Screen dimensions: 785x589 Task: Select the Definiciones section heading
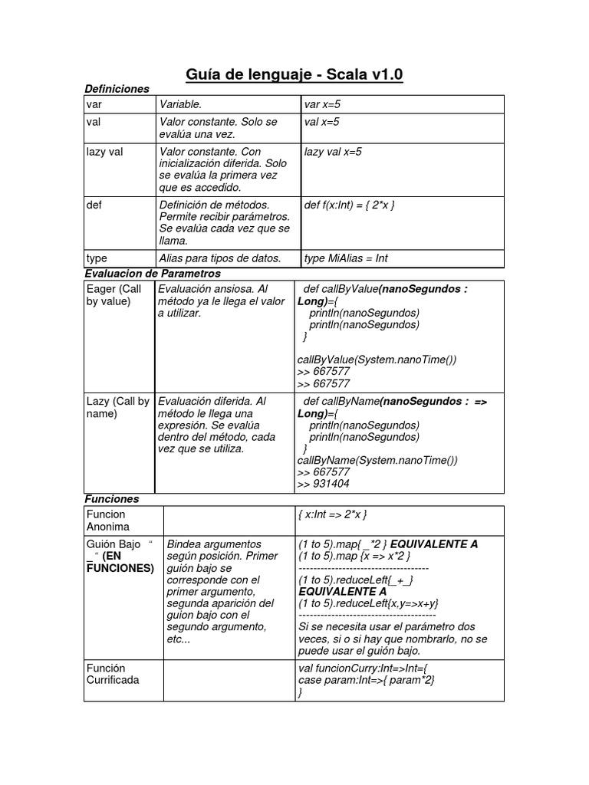pyautogui.click(x=117, y=90)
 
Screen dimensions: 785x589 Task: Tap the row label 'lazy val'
pyautogui.click(x=104, y=152)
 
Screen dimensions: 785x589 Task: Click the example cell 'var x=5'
pyautogui.click(x=322, y=104)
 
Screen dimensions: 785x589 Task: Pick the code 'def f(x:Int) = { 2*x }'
pyautogui.click(x=350, y=205)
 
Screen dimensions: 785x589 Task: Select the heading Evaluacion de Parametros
pyautogui.click(x=153, y=273)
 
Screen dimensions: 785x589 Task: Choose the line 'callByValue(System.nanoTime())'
pyautogui.click(x=377, y=360)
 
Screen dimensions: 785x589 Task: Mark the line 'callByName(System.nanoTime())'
pyautogui.click(x=377, y=460)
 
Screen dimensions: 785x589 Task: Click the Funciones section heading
pyautogui.click(x=112, y=498)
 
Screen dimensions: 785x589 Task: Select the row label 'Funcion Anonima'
pyautogui.click(x=108, y=521)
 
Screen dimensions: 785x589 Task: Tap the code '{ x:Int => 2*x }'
pyautogui.click(x=337, y=514)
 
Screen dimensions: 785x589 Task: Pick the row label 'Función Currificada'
pyautogui.click(x=113, y=674)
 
